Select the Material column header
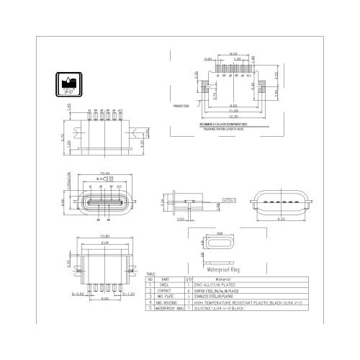(243, 279)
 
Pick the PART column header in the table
(166, 279)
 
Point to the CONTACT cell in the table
(166, 291)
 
